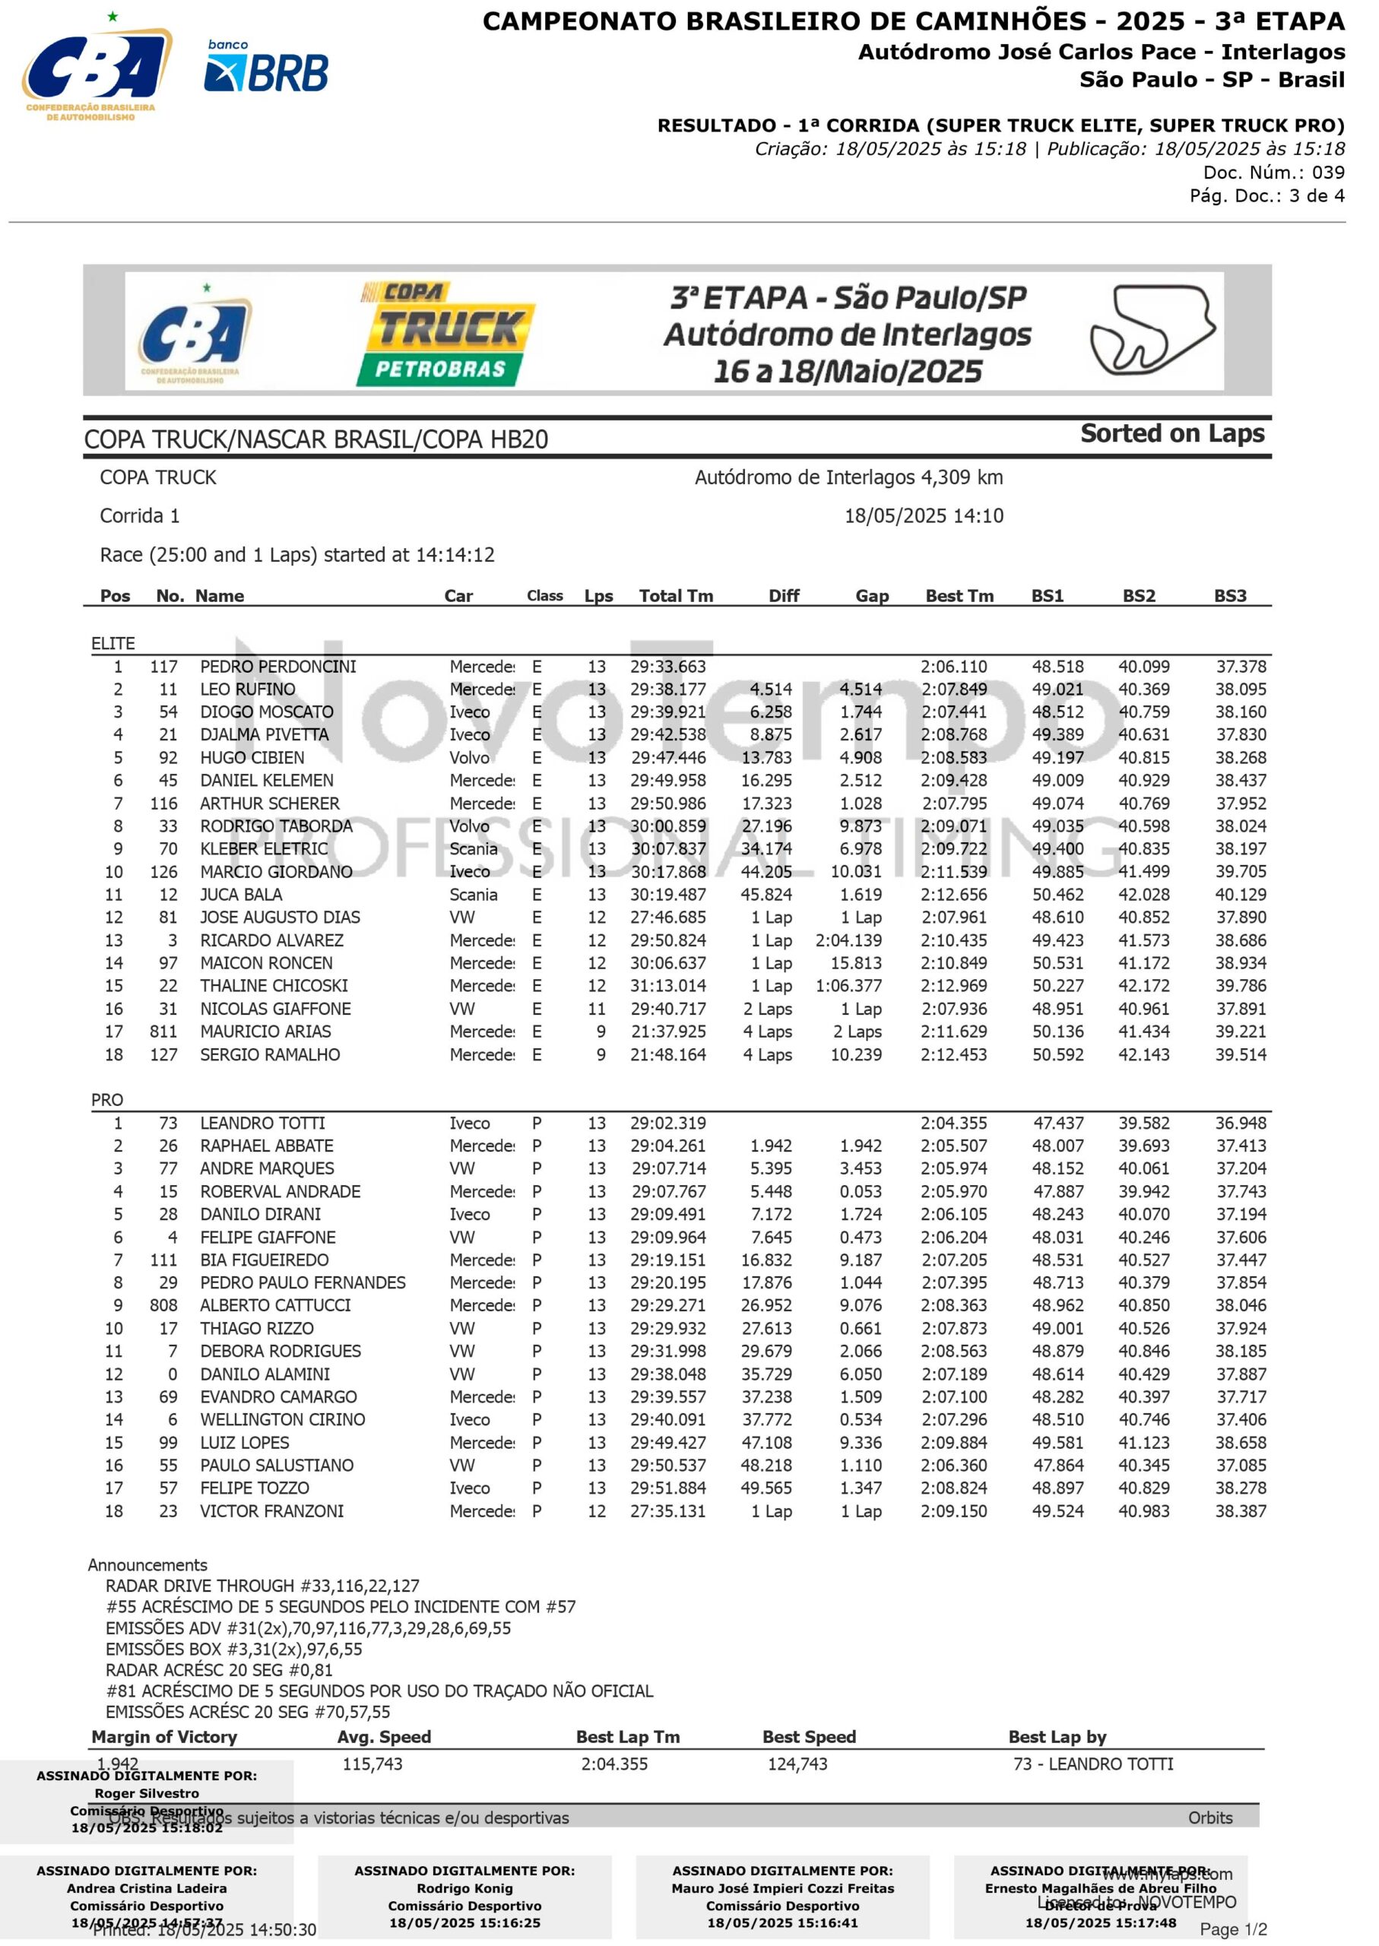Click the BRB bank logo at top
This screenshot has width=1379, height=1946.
coord(266,68)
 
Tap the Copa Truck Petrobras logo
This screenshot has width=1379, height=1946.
coord(447,333)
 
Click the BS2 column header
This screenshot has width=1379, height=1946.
coord(1138,596)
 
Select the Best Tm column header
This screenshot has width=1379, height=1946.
coord(959,596)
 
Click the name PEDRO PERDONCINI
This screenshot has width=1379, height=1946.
coord(277,667)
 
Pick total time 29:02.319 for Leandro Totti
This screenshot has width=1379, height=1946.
coord(667,1124)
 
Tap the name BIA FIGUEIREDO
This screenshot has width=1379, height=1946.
coord(264,1260)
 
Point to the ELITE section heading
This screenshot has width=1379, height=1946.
coord(113,644)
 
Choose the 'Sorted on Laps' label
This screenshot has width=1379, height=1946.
coord(1171,434)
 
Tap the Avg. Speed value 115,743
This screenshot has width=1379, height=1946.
coord(372,1764)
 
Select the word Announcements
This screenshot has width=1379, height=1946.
coord(147,1564)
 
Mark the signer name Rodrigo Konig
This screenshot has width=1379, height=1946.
coord(464,1888)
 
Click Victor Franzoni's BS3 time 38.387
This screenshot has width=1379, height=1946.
coord(1240,1511)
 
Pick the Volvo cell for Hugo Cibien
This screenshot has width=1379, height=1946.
coord(470,757)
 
